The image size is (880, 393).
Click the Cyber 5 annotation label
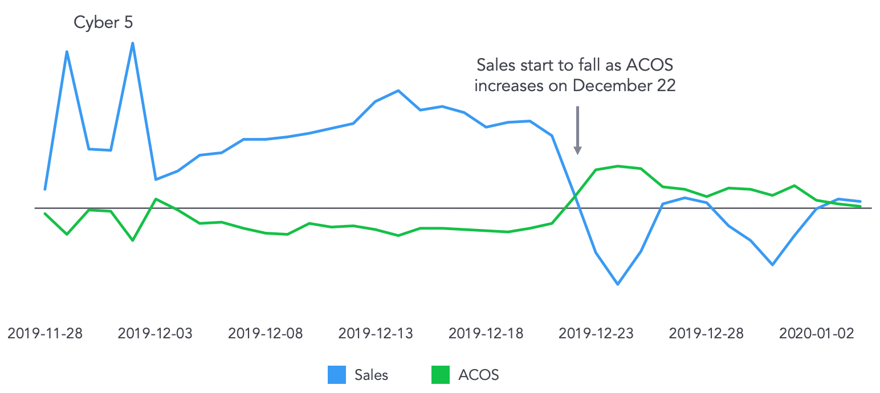[103, 23]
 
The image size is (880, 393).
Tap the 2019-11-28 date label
[45, 333]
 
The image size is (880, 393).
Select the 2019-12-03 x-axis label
[155, 333]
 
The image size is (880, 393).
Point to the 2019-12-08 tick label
[266, 333]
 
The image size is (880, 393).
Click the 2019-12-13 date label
[376, 333]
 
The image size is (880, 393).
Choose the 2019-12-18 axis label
[486, 333]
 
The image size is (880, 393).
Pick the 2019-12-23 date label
[596, 333]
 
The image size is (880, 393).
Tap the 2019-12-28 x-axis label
[706, 333]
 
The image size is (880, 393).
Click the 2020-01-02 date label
[817, 333]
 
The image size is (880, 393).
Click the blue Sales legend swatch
[337, 375]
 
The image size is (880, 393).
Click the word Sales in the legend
[371, 375]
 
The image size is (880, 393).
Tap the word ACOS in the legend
[478, 375]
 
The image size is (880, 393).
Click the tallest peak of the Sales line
[133, 43]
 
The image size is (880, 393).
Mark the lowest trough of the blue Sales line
[618, 284]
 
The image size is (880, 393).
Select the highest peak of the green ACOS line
[618, 166]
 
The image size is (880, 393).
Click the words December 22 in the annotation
[625, 85]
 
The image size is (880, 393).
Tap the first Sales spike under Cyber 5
[67, 52]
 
